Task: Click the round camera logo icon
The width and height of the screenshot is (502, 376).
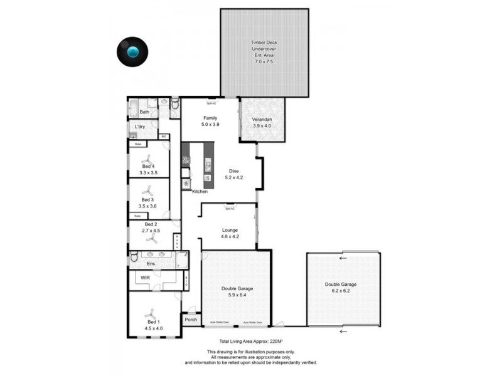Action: tap(132, 53)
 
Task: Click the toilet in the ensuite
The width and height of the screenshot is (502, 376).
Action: tap(134, 256)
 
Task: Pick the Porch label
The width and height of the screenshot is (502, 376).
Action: tap(191, 320)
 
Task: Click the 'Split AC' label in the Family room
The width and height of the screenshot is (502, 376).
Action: tap(211, 103)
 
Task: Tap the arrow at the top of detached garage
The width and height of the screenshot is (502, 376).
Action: tap(343, 258)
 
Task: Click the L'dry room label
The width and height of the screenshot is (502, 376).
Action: tap(140, 127)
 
